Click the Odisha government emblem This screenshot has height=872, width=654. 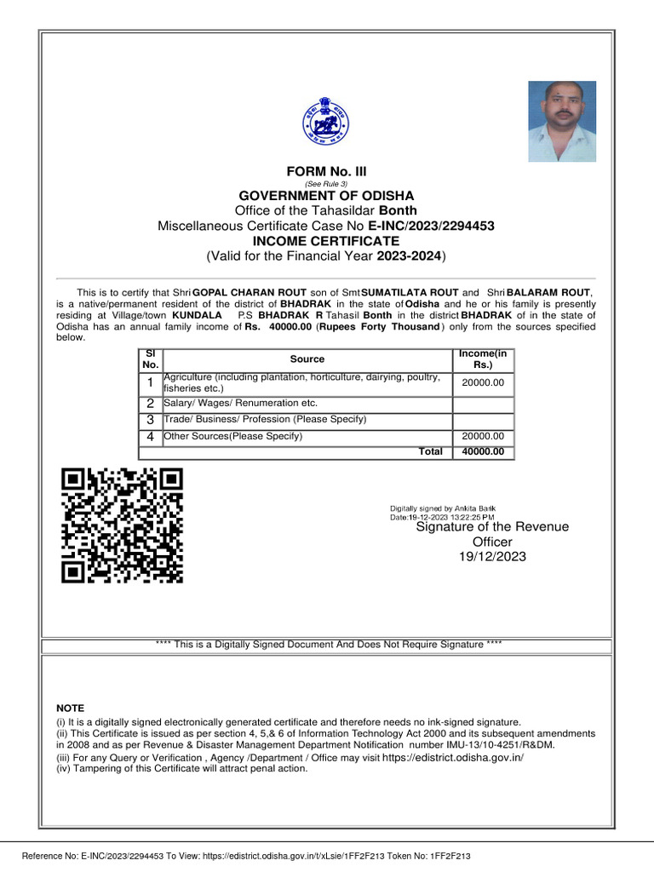[327, 120]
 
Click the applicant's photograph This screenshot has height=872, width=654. [561, 121]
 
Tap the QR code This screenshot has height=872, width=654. [122, 526]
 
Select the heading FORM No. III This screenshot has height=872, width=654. [326, 171]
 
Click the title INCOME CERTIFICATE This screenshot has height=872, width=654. [326, 241]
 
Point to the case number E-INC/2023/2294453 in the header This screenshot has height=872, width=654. [431, 226]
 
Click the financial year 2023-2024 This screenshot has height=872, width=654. [408, 255]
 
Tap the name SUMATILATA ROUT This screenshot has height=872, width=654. [410, 293]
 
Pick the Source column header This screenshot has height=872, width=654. [307, 359]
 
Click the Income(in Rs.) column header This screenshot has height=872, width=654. [483, 359]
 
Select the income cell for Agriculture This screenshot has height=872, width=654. [483, 383]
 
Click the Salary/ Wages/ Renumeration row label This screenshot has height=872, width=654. [240, 403]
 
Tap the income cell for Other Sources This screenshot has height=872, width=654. [483, 437]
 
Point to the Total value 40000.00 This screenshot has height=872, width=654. [483, 451]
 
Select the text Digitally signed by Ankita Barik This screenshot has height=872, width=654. [443, 508]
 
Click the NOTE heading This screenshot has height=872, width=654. [70, 708]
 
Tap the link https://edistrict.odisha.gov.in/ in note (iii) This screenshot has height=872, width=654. [453, 757]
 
